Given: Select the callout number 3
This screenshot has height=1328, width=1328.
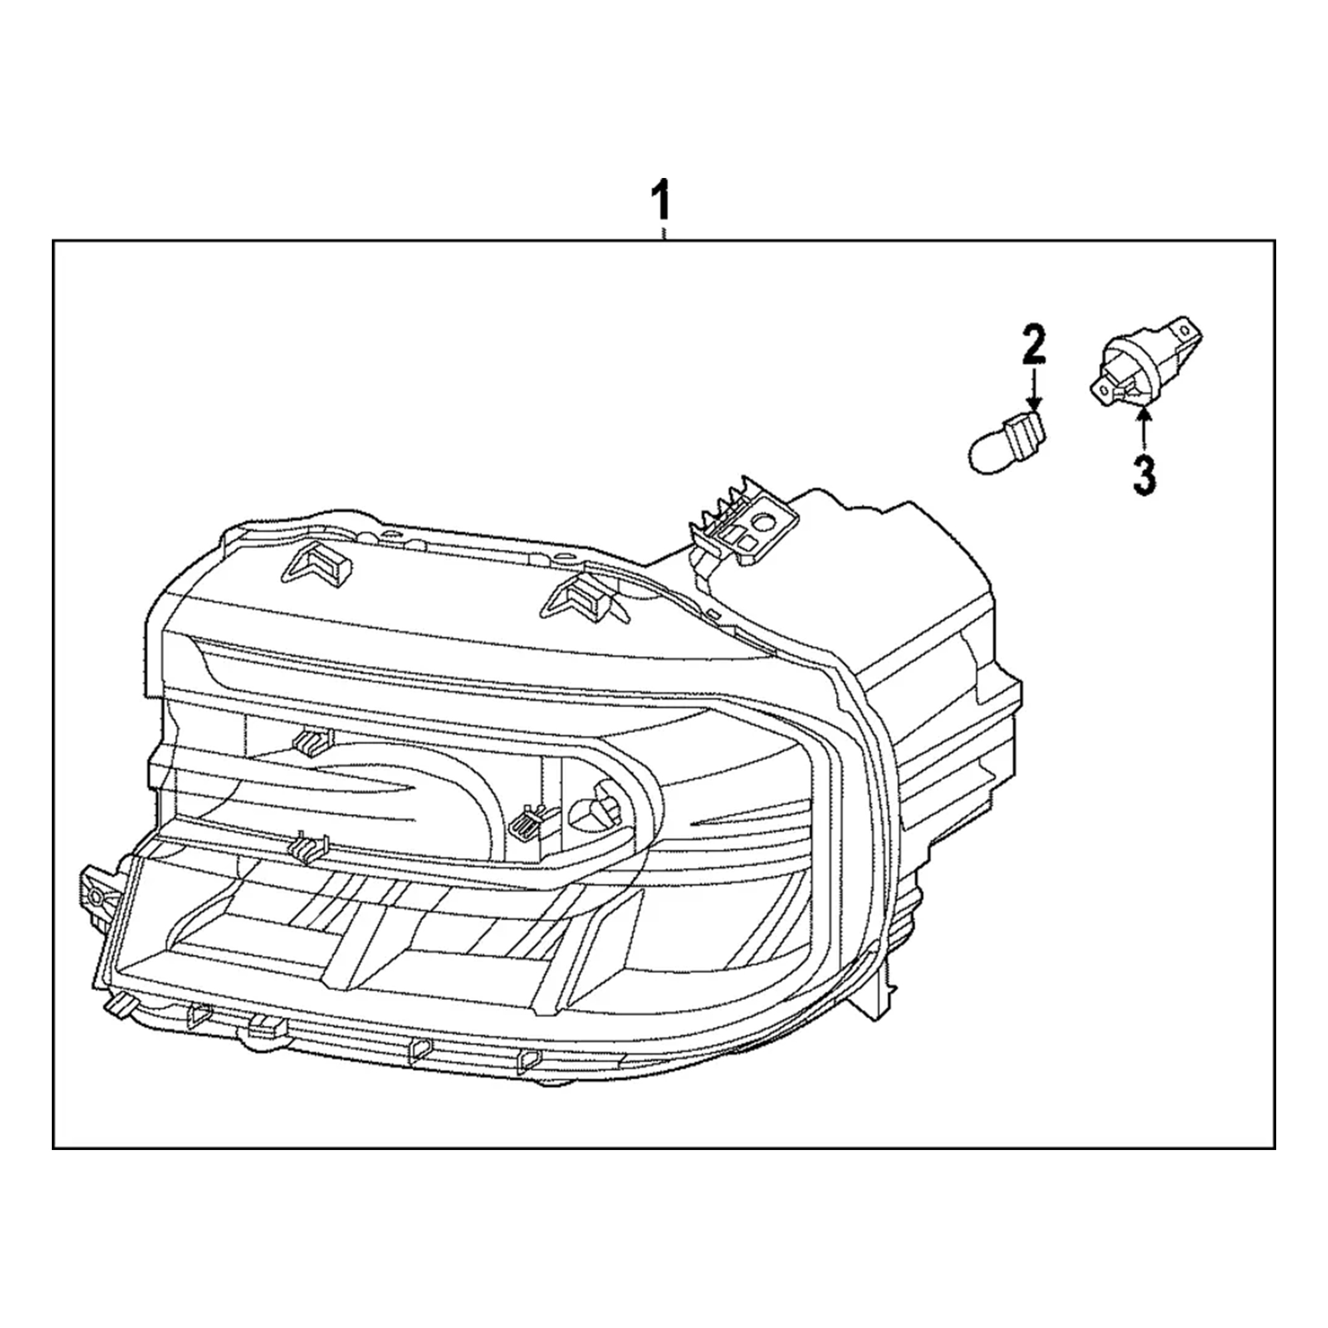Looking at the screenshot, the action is pos(1144,474).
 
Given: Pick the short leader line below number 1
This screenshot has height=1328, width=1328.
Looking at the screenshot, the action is pos(663,232).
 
